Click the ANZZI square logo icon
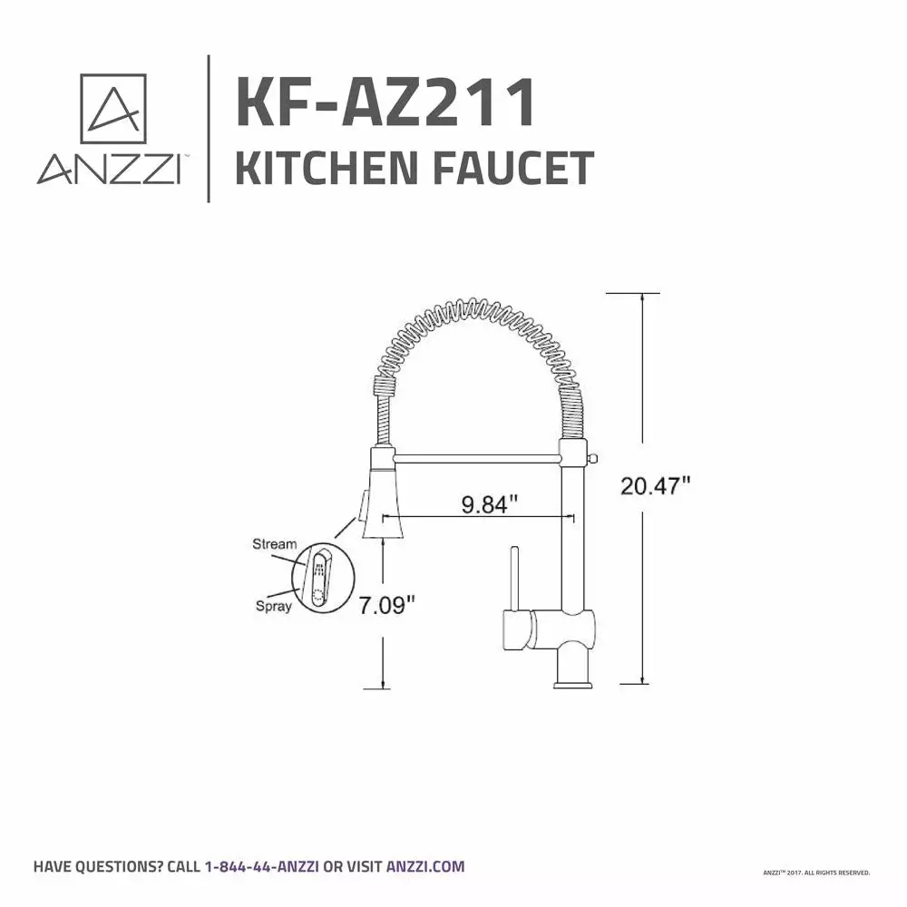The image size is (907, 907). pyautogui.click(x=113, y=109)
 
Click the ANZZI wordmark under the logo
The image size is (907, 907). pyautogui.click(x=107, y=170)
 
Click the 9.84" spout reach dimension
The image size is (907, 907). pyautogui.click(x=490, y=503)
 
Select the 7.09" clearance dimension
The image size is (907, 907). pyautogui.click(x=387, y=604)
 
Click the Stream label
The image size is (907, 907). pyautogui.click(x=274, y=544)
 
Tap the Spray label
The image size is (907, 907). pyautogui.click(x=273, y=606)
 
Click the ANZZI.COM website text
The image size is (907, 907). pyautogui.click(x=425, y=866)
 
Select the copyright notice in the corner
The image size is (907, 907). pyautogui.click(x=817, y=873)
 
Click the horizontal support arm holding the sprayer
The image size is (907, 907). pyautogui.click(x=476, y=452)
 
